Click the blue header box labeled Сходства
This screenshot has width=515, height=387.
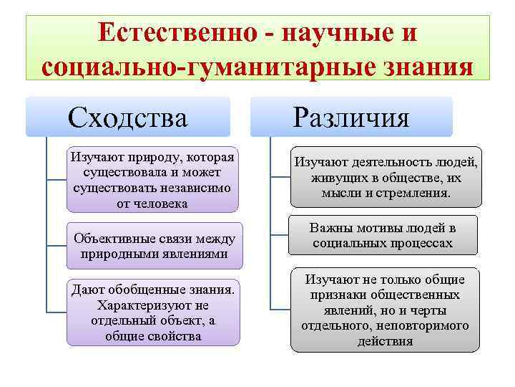click(128, 116)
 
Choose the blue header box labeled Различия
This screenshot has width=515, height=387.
click(352, 116)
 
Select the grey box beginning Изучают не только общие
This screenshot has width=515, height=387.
click(384, 310)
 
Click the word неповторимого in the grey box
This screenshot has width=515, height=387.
click(425, 325)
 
